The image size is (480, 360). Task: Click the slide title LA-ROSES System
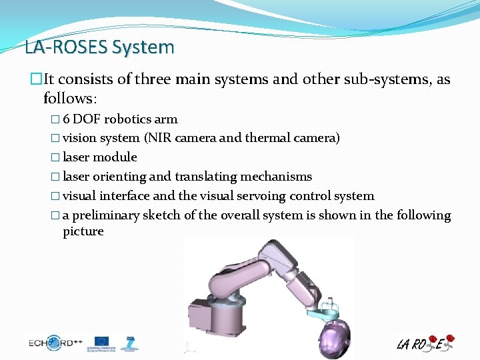99,47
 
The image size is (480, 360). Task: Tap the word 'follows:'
70,99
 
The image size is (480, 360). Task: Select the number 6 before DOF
66,119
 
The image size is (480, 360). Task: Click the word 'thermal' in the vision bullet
267,138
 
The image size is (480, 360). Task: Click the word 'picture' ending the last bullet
83,231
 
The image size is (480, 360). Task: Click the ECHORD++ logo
55,343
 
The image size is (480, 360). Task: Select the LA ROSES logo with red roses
425,343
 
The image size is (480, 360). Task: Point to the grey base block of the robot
207,313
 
